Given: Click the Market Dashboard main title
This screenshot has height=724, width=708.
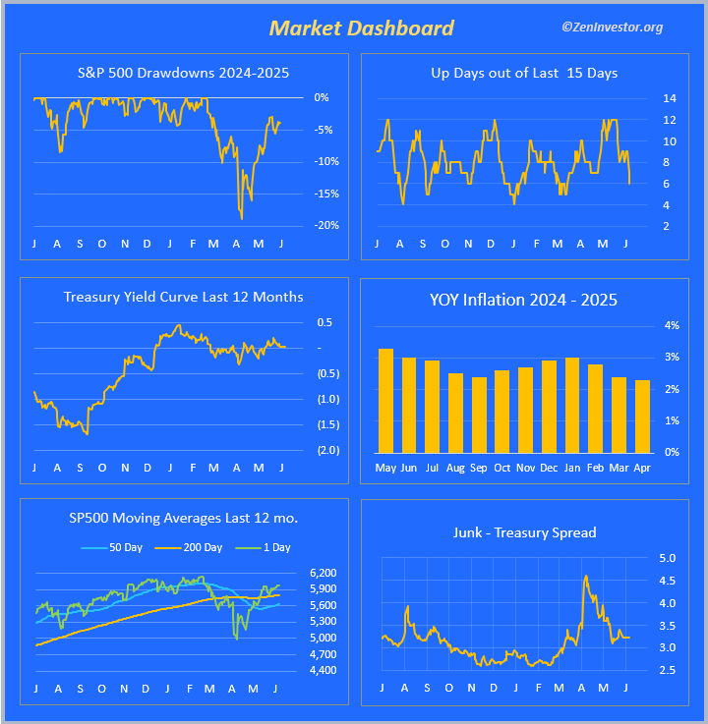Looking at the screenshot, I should tap(362, 28).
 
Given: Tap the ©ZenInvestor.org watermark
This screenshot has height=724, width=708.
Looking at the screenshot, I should tap(612, 27).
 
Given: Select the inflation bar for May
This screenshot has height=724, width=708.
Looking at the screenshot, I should tap(385, 400).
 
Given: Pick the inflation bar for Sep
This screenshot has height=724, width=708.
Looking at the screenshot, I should tap(479, 414).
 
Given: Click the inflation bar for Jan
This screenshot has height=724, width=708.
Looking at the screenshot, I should tap(572, 404).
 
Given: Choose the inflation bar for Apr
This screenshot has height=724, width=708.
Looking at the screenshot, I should tap(642, 416).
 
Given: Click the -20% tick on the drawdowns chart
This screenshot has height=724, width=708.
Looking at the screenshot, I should tap(326, 225).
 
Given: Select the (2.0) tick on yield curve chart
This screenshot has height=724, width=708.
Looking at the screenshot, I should tap(327, 450).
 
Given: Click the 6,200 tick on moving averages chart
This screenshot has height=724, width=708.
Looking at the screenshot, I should tap(323, 573).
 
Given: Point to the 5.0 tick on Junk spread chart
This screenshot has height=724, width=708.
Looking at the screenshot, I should tap(667, 558).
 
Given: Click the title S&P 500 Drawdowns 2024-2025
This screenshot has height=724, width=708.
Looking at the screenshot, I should tap(183, 73).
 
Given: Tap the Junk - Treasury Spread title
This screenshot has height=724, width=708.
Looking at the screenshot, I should tap(524, 532).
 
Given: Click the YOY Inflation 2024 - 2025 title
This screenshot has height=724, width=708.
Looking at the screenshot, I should tap(523, 300).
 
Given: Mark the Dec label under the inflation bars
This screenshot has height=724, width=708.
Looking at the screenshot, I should tap(549, 468).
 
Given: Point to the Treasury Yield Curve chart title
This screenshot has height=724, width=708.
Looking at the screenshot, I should tap(183, 297).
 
